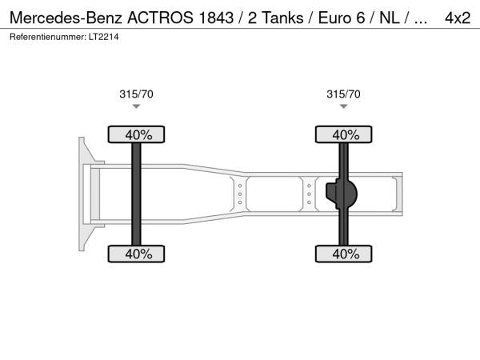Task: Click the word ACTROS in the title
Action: click(160, 18)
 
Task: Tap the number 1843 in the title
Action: click(216, 18)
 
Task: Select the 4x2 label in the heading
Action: click(458, 18)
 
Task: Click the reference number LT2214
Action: click(103, 37)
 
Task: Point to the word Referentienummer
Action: click(48, 37)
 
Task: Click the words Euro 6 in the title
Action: click(342, 18)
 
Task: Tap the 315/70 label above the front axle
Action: click(136, 94)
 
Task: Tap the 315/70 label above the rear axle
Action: click(343, 94)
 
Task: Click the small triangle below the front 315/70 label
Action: click(136, 106)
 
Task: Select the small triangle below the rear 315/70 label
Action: click(343, 106)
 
